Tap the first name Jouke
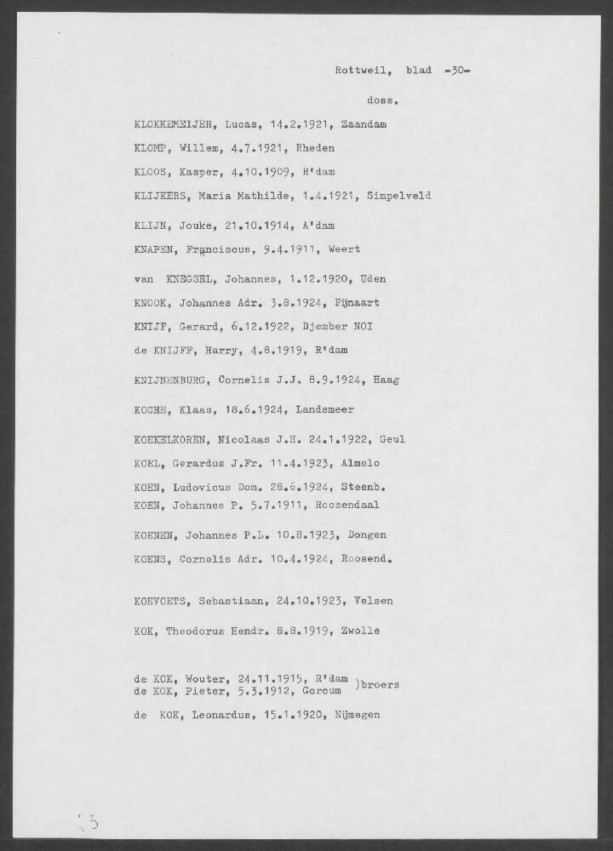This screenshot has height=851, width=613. point(193,226)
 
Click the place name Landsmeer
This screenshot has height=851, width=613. point(324,409)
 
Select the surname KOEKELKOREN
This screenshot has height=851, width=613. point(174,439)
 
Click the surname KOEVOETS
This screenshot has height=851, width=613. point(163,601)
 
